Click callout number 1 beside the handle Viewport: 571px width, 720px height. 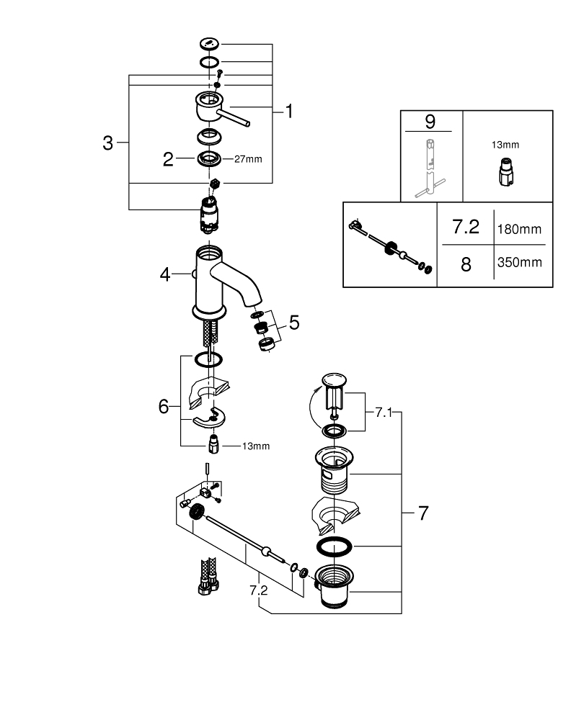288,112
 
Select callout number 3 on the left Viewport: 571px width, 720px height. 107,143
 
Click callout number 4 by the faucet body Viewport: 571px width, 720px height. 165,274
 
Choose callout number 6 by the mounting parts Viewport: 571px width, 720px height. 163,408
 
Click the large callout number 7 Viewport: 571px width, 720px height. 422,513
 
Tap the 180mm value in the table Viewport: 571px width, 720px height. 518,229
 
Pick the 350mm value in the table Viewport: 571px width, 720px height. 518,262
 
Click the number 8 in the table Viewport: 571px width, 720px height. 466,264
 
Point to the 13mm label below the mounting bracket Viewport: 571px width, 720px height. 255,446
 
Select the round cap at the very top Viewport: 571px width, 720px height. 209,44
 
